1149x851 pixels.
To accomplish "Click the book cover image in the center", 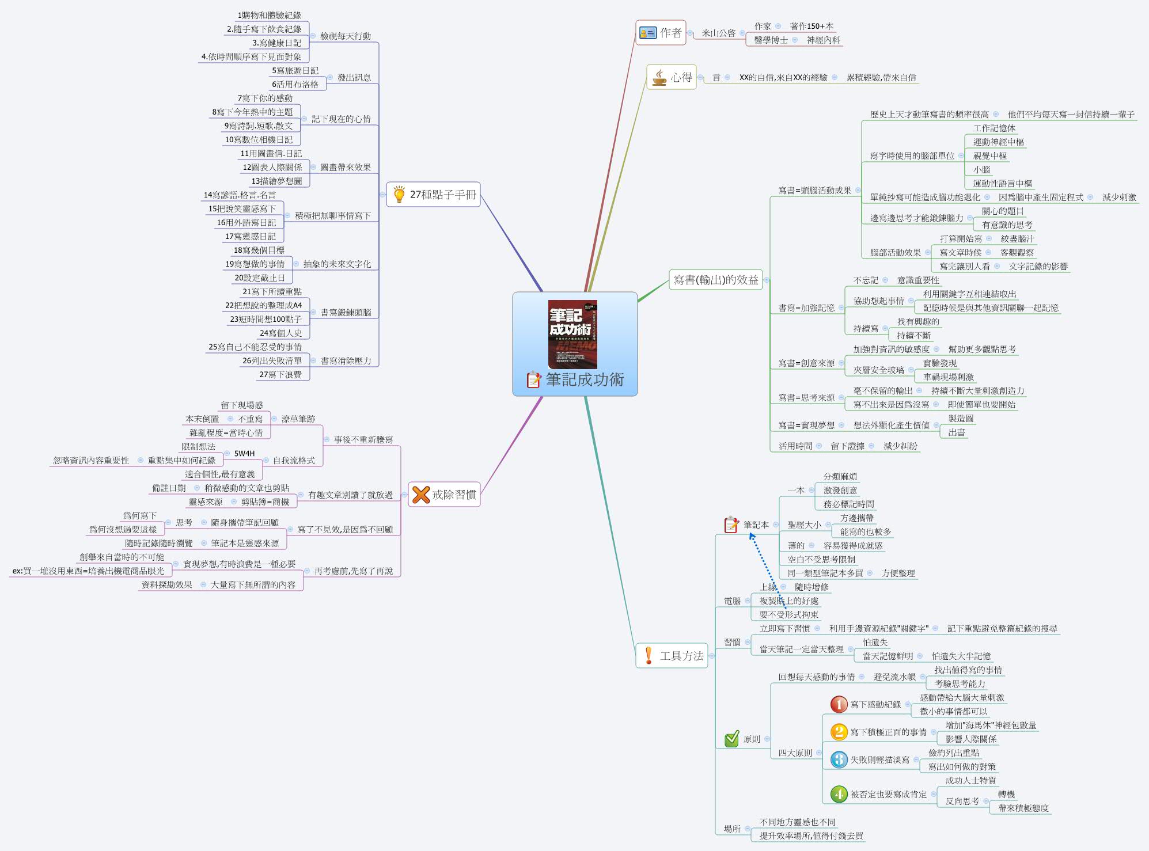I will coord(572,334).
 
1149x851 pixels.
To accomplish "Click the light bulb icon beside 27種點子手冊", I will coord(399,195).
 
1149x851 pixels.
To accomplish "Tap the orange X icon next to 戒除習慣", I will coord(421,494).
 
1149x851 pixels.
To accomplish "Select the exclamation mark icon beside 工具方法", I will coord(649,655).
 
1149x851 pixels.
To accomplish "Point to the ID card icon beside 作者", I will coord(648,33).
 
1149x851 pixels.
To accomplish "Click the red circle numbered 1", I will coord(839,704).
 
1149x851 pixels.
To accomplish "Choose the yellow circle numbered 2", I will coord(839,732).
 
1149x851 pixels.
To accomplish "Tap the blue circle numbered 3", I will coord(839,759).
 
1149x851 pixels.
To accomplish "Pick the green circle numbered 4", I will coord(839,794).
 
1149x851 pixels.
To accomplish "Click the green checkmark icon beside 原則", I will coord(731,739).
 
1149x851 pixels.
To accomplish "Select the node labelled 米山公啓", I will coord(718,33).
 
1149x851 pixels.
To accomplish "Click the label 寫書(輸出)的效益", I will coord(716,280).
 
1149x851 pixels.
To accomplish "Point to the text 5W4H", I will coord(244,453).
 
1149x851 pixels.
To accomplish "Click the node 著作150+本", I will coord(811,26).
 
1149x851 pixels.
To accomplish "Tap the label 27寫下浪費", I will coord(280,375).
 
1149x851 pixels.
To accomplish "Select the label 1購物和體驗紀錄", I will coord(269,16).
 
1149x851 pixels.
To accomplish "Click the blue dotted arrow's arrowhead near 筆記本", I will coord(752,536).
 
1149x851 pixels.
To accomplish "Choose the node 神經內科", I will coord(823,40).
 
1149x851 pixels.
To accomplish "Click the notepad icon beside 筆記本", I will coord(731,525).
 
